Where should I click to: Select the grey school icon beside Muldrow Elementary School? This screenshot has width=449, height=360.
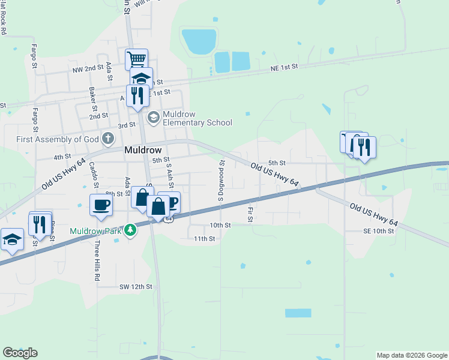click(153, 116)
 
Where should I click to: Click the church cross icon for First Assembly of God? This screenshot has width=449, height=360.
click(107, 139)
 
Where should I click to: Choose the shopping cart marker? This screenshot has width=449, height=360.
click(136, 59)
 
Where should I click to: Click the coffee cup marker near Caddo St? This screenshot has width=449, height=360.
click(100, 205)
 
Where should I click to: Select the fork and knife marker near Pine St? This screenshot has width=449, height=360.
click(40, 223)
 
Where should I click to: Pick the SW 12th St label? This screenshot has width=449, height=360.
click(136, 287)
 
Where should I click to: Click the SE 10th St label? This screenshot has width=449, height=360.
click(379, 231)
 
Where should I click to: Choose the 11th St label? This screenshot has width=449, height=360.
click(204, 238)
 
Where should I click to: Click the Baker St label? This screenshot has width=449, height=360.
click(92, 95)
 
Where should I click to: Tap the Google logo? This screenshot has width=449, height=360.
click(20, 353)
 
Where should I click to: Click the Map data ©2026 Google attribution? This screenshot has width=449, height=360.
click(412, 355)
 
